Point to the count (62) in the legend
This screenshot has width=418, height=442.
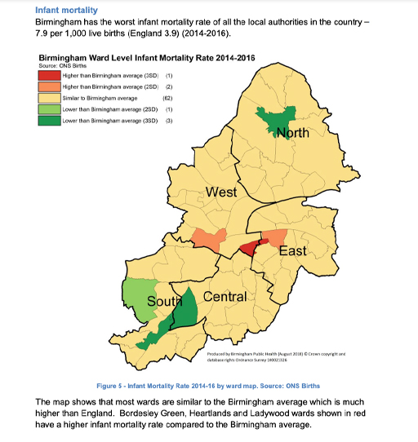pos(168,97)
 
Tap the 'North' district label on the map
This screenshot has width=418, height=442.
pos(292,132)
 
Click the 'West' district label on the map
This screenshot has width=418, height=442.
pos(221,192)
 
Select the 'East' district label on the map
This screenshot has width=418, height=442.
pos(292,250)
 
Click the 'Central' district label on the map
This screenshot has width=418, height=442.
pos(225,296)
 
